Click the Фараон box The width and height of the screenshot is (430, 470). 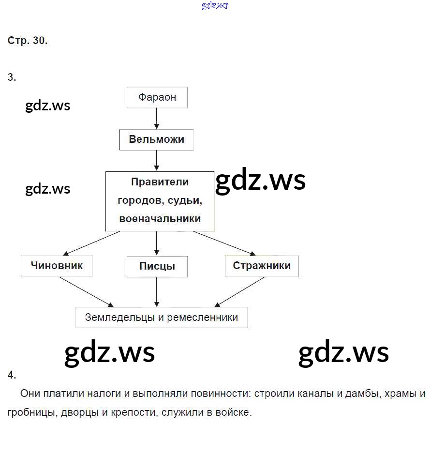pos(157,97)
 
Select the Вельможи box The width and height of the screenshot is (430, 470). pos(156,140)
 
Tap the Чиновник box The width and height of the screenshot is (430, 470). pos(57,266)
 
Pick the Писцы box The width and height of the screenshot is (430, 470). pos(157,266)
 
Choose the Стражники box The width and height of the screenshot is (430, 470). pos(262,266)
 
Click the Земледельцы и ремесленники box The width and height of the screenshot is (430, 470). pos(162,318)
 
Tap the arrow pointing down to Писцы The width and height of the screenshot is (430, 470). pos(157,243)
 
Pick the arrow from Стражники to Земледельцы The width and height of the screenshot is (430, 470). pos(240,292)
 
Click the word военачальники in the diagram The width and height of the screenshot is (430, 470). pos(160,219)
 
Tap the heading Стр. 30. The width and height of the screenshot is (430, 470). pos(28,41)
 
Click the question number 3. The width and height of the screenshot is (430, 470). pos(12,77)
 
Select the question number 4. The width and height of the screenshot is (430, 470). pos(12,375)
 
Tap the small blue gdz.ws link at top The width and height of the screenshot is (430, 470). pos(215,6)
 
